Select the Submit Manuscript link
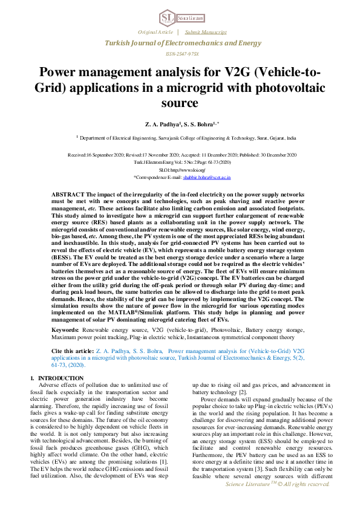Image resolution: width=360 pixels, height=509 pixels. coord(206,31)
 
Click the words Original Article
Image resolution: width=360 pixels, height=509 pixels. coord(155,31)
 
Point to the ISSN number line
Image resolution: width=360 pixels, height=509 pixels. coord(180,54)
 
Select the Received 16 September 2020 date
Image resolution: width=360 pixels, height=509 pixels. coord(99,155)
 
